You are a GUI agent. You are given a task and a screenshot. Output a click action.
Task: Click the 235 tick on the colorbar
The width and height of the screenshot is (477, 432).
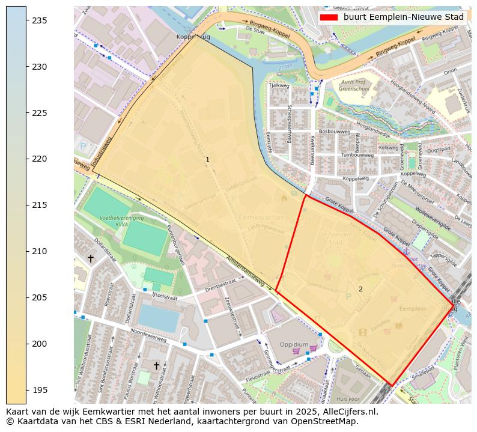pos(26,20)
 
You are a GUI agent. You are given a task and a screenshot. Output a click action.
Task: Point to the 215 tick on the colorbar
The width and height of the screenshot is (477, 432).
pos(26,205)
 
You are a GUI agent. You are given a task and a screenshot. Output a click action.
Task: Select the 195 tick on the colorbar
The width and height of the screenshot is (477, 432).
pos(26,390)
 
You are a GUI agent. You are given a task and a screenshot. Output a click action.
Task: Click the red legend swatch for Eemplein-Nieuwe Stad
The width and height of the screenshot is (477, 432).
pos(329,17)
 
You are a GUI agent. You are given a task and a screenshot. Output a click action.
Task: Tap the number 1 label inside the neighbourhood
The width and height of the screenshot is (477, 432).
pos(207,160)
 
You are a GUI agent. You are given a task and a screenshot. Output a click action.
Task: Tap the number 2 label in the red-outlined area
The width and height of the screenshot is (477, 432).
pos(360,289)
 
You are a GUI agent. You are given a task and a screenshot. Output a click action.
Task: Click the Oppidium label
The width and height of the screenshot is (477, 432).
pos(294,344)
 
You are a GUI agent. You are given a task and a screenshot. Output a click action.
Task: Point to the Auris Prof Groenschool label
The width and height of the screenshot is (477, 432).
pos(353,85)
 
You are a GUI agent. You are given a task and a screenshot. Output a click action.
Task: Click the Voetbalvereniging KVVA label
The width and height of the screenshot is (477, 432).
pos(118,221)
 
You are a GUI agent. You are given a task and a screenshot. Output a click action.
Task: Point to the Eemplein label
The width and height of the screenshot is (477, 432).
pos(412,309)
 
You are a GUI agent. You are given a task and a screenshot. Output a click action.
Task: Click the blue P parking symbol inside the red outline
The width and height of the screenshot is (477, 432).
pos(348,296)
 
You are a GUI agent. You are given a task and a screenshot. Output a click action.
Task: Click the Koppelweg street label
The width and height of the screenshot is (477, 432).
pos(355,178)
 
